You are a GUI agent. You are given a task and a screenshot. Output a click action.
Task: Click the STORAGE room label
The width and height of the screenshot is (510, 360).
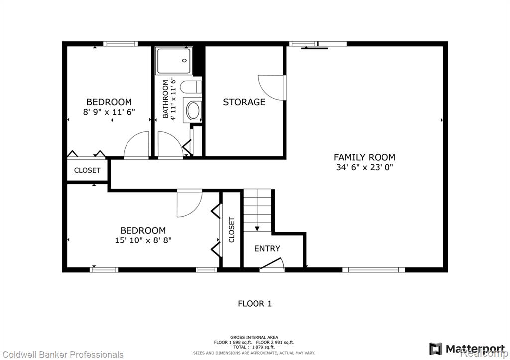[244, 102]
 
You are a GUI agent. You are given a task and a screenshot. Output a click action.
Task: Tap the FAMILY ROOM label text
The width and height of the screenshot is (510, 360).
[365, 157]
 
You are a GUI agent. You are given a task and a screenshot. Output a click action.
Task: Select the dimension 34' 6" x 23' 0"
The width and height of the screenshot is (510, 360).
[365, 167]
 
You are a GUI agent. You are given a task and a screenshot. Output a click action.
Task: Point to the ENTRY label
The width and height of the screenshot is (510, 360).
[267, 249]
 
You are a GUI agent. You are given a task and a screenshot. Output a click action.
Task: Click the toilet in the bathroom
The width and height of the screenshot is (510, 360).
[191, 87]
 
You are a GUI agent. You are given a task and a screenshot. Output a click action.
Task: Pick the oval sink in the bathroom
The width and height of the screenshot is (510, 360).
[193, 110]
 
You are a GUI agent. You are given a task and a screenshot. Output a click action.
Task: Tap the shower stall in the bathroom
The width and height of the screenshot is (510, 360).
[174, 61]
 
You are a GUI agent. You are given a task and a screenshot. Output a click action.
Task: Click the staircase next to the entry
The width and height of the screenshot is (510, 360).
[257, 210]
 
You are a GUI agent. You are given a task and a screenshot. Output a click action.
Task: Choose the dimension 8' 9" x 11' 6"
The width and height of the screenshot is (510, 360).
[109, 112]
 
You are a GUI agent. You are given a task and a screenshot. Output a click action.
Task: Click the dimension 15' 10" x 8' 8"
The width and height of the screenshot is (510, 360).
[143, 240]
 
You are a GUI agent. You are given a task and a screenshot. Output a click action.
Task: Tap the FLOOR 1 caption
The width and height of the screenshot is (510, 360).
[255, 304]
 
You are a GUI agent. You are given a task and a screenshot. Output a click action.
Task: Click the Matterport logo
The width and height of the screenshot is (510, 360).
[467, 349]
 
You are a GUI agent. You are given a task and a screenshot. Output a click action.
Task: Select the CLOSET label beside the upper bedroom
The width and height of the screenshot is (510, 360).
[87, 170]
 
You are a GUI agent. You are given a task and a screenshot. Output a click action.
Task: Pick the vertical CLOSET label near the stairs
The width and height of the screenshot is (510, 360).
[231, 230]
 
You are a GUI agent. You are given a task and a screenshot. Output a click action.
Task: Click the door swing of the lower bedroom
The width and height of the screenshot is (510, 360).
[190, 204]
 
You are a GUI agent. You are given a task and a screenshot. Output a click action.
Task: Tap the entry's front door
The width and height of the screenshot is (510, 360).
[272, 264]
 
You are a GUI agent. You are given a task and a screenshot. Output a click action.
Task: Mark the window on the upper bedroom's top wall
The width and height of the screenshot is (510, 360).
[121, 44]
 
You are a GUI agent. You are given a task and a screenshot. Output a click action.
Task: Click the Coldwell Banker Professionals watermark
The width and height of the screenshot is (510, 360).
[62, 354]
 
